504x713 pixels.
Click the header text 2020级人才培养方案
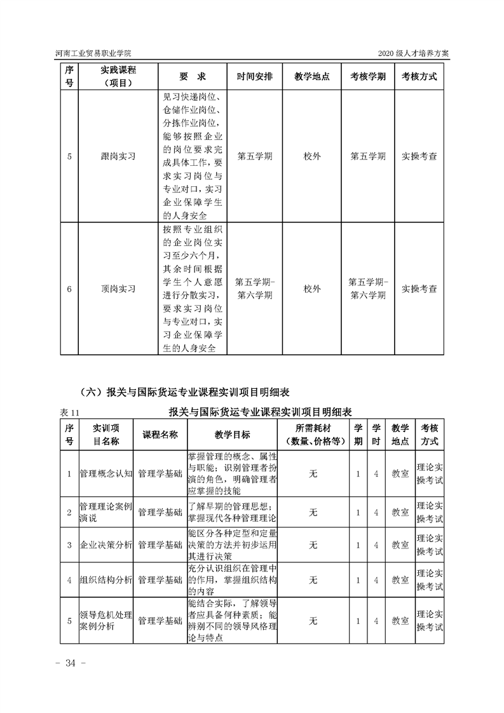pyautogui.click(x=413, y=53)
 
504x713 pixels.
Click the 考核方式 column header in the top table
pyautogui.click(x=419, y=76)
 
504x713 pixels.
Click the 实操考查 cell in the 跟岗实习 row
pyautogui.click(x=419, y=156)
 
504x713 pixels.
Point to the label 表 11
pyautogui.click(x=68, y=412)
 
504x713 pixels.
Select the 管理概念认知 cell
pyautogui.click(x=106, y=473)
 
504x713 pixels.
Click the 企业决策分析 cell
pyautogui.click(x=106, y=545)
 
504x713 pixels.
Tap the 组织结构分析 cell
pyautogui.click(x=106, y=580)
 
